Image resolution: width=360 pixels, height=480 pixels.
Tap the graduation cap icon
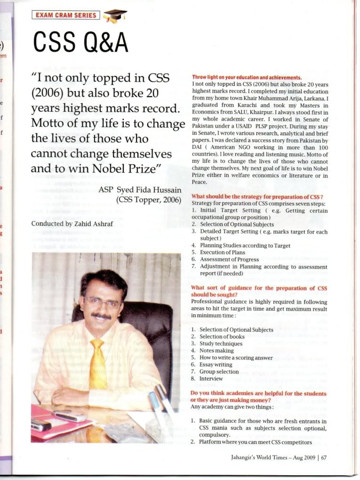[114, 16]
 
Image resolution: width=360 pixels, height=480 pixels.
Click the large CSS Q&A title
[80, 43]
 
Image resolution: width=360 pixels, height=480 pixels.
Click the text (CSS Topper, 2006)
[149, 199]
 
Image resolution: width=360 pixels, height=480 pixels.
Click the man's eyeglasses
[101, 302]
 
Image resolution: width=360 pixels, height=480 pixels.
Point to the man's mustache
[101, 316]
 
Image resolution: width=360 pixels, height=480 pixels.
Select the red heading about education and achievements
[247, 77]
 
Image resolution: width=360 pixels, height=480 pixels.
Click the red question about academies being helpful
[258, 396]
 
